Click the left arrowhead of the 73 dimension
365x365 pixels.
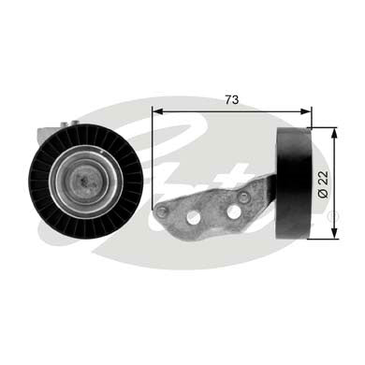click(x=158, y=109)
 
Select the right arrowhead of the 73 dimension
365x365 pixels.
click(x=305, y=109)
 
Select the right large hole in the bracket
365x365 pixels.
click(x=233, y=212)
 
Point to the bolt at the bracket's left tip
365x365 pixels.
click(x=162, y=212)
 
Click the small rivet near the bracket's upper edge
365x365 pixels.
click(x=244, y=197)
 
